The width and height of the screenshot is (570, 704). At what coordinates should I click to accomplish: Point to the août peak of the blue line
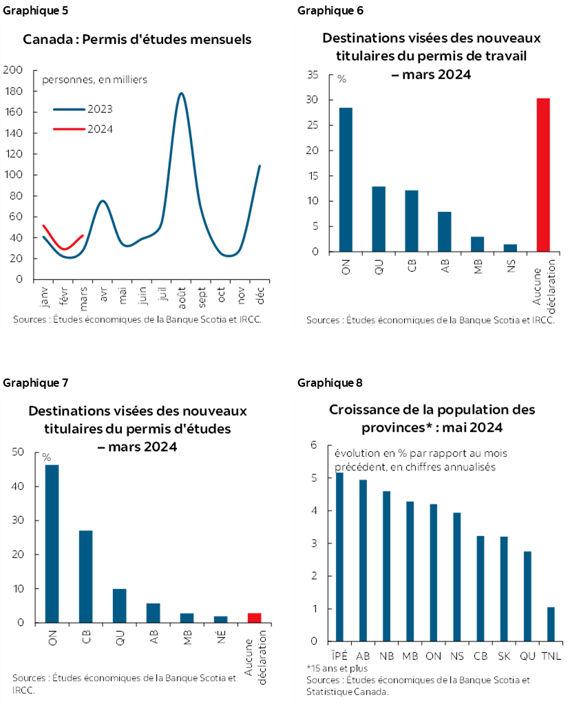click(181, 94)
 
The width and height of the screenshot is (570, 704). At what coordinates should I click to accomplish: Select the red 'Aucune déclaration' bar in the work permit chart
click(543, 175)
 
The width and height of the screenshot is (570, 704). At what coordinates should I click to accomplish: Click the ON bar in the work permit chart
click(345, 180)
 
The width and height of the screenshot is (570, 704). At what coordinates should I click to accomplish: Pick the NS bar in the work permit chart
click(510, 248)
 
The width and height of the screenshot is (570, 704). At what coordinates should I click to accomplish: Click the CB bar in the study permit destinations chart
click(85, 577)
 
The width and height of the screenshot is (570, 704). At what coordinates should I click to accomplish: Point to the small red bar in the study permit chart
click(254, 617)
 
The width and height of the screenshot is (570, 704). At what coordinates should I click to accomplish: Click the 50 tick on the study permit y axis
click(18, 452)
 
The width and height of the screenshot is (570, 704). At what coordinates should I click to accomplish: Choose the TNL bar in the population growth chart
click(551, 624)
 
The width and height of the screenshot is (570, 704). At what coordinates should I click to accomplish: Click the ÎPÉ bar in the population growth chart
click(339, 557)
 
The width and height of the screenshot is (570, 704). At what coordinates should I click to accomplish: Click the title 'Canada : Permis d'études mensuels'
click(137, 39)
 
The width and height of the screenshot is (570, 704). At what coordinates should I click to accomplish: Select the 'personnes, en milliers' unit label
click(94, 80)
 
